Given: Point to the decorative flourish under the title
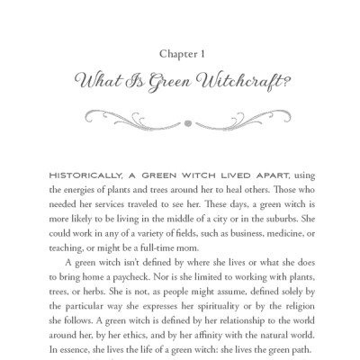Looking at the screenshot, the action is click(x=180, y=114).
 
